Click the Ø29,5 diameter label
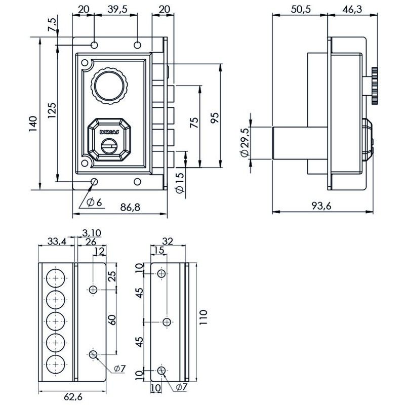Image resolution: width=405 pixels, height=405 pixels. (245, 143)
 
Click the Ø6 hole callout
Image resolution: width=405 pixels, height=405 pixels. (95, 202)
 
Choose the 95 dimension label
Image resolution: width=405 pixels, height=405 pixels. (214, 117)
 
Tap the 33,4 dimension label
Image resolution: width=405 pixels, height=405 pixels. (56, 241)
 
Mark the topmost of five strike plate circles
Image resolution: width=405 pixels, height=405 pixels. (54, 278)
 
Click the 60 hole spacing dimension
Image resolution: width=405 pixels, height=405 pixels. (112, 320)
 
